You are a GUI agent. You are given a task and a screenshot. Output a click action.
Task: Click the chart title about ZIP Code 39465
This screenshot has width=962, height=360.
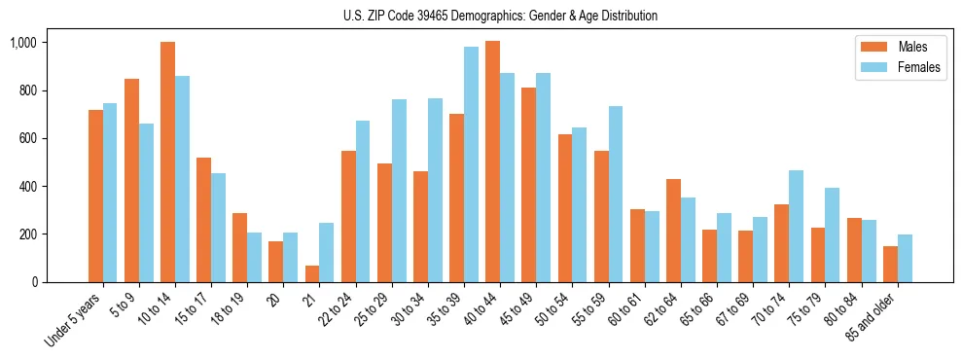click(x=500, y=16)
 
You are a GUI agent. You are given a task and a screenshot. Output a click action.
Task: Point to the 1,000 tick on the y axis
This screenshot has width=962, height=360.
click(x=23, y=43)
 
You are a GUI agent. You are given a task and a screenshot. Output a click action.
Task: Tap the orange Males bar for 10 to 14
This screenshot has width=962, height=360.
click(x=167, y=162)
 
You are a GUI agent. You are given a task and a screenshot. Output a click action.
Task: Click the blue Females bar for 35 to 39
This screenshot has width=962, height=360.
click(x=471, y=164)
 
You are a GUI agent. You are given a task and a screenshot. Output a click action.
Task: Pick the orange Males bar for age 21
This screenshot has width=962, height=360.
click(x=311, y=273)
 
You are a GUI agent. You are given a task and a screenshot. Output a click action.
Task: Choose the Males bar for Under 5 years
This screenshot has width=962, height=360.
click(x=95, y=196)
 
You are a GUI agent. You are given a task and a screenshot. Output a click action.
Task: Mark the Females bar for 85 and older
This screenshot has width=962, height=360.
click(x=905, y=258)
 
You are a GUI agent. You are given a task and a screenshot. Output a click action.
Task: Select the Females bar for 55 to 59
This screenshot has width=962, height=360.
click(x=615, y=194)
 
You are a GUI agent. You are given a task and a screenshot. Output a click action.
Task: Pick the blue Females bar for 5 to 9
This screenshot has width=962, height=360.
click(x=146, y=202)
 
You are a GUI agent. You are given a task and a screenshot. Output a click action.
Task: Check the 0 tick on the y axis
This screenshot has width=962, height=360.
click(x=33, y=282)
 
